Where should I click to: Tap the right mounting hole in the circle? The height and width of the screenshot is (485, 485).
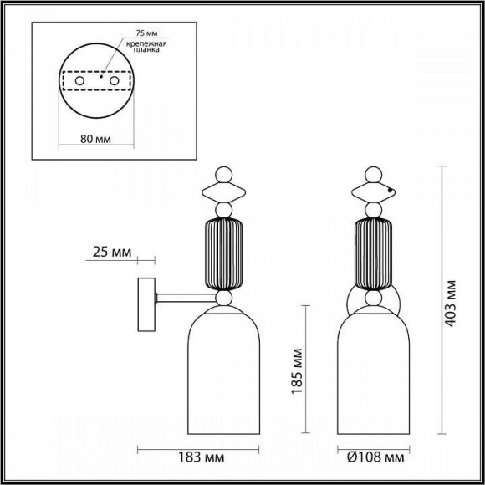coord(115,81)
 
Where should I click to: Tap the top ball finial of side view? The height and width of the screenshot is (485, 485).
coord(223,176)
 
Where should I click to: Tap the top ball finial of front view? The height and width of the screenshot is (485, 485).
coord(375,176)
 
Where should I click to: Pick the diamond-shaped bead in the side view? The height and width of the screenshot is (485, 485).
coord(223,191)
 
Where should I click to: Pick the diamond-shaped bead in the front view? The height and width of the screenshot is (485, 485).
coord(375,191)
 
